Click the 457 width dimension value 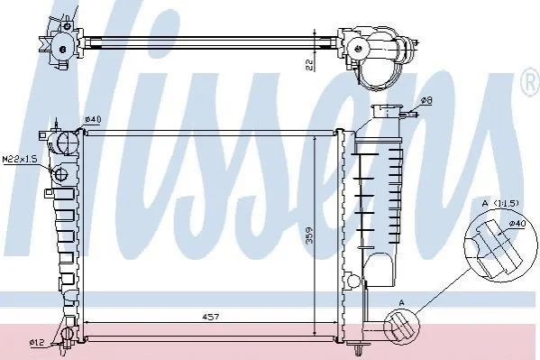click(x=211, y=316)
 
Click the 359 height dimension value click(x=310, y=235)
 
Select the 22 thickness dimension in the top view click(x=309, y=65)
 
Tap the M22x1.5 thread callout click(x=19, y=159)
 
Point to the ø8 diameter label click(x=426, y=100)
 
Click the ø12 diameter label click(x=37, y=343)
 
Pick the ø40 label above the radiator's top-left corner click(x=93, y=119)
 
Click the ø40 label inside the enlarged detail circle click(x=517, y=224)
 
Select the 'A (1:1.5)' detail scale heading click(x=500, y=203)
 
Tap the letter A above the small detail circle click(x=401, y=302)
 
